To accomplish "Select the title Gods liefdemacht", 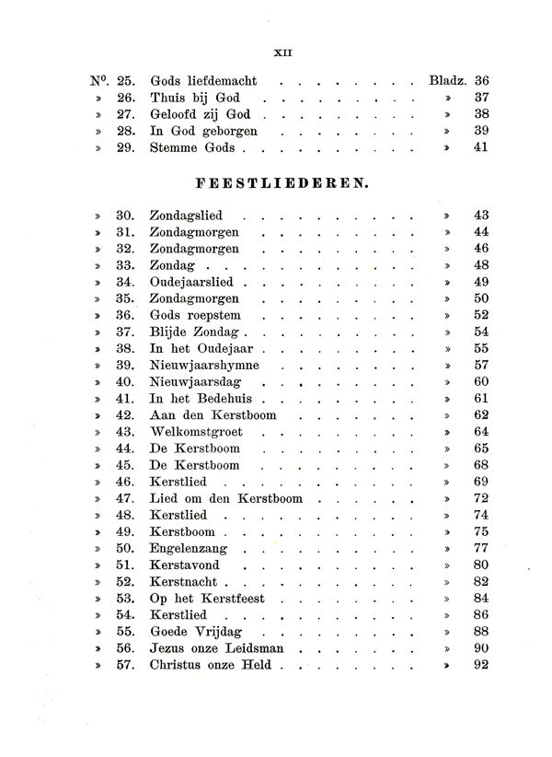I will click(205, 80).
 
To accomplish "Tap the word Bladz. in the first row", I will click(448, 80).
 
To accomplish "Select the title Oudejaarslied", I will click(191, 283).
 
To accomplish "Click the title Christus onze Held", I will click(211, 665).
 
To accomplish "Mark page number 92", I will click(479, 665).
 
